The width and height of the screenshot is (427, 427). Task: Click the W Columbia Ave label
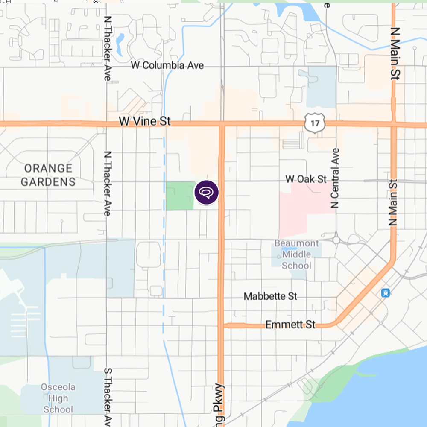167,65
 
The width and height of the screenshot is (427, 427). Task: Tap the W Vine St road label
144,121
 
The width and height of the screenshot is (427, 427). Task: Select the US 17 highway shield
315,123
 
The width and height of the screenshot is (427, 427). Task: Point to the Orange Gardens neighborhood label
48,175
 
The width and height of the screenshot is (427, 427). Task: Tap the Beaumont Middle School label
297,254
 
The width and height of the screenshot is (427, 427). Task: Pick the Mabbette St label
270,296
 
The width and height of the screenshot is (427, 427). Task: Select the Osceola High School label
58,398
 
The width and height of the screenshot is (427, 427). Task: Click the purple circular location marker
207,193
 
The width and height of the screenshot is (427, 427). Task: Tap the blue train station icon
385,293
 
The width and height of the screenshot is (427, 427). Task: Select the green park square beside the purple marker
180,196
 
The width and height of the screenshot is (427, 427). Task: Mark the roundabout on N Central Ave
336,240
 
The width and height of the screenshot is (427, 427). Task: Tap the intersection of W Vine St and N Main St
394,124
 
